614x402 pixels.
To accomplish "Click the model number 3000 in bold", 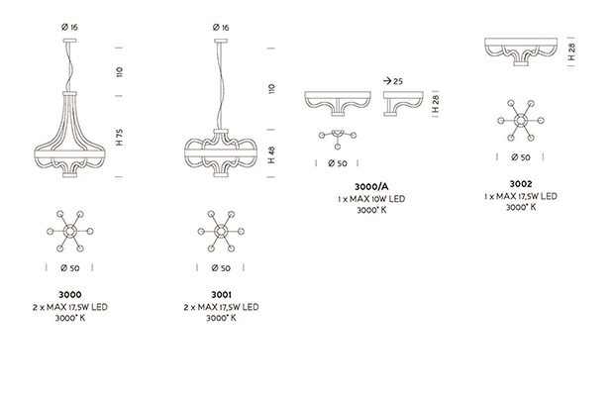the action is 70,294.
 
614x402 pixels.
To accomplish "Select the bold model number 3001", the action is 221,294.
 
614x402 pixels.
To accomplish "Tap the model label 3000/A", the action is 371,186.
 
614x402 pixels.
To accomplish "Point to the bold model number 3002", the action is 520,183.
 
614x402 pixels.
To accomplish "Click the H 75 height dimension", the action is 120,137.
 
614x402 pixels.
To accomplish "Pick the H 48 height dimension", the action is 271,154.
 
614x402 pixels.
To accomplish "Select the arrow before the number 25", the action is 387,81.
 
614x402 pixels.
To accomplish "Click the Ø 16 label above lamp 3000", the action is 69,27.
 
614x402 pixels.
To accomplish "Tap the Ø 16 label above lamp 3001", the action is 221,27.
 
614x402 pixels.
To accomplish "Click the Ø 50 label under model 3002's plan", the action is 520,157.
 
